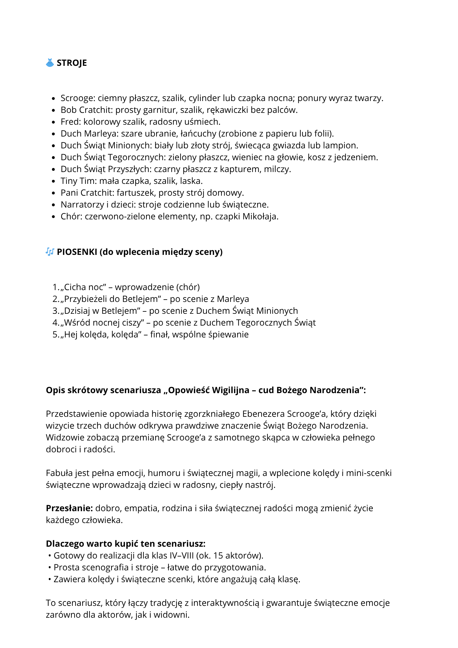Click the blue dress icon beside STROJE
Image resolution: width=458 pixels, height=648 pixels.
pyautogui.click(x=50, y=63)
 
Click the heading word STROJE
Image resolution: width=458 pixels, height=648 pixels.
pyautogui.click(x=72, y=63)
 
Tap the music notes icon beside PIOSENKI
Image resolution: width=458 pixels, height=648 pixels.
pyautogui.click(x=50, y=252)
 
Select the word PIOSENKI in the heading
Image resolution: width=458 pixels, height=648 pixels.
pyautogui.click(x=77, y=252)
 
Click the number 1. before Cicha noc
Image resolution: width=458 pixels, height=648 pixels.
pyautogui.click(x=56, y=287)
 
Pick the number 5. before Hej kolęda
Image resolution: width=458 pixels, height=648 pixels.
pyautogui.click(x=56, y=335)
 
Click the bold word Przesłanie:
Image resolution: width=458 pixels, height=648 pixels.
pyautogui.click(x=69, y=508)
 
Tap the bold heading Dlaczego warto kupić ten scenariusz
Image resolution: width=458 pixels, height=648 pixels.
pyautogui.click(x=126, y=544)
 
